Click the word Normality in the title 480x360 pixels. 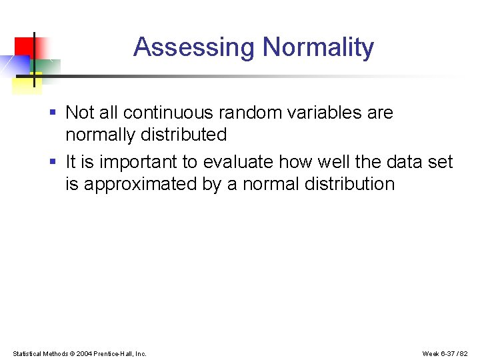(x=318, y=48)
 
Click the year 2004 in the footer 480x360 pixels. (x=85, y=353)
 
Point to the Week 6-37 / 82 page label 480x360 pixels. (x=445, y=353)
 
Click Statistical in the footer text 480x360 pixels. (x=27, y=353)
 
